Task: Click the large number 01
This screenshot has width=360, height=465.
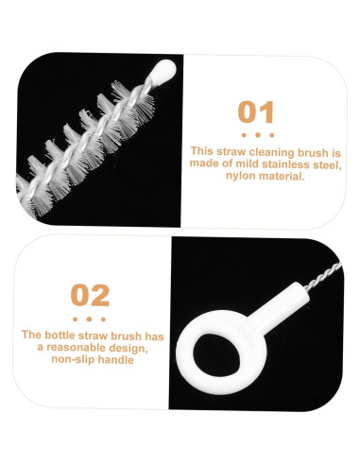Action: pos(256,112)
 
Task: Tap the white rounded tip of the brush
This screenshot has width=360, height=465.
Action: pos(164,69)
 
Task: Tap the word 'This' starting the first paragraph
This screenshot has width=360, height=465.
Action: pos(202,151)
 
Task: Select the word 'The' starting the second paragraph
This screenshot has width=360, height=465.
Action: pos(32,335)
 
